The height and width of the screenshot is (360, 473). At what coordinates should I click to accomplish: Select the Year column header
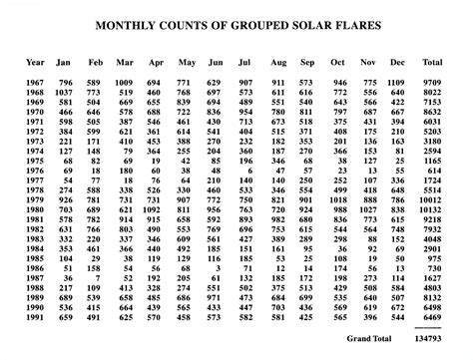[35, 63]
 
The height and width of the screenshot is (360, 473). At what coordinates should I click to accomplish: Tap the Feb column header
[95, 63]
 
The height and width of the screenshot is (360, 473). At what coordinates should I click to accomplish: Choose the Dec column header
[399, 63]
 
